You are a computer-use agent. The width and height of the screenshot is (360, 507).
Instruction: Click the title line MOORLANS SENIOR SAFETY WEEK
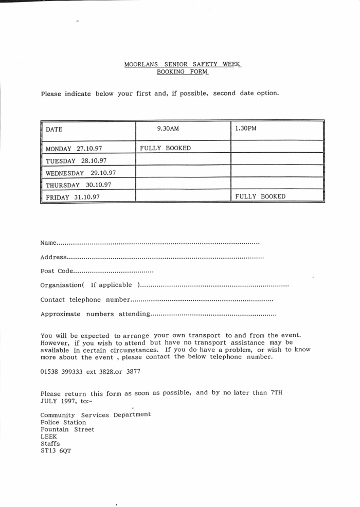pyautogui.click(x=183, y=65)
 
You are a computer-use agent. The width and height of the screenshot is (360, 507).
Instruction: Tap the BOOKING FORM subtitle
pyautogui.click(x=183, y=72)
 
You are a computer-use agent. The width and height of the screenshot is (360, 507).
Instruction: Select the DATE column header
pyautogui.click(x=54, y=130)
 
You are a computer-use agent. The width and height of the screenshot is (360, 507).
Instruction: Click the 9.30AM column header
pyautogui.click(x=168, y=129)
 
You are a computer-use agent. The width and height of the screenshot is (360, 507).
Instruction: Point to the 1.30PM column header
pyautogui.click(x=245, y=129)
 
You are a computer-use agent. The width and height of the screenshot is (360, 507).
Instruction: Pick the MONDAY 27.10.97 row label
pyautogui.click(x=71, y=149)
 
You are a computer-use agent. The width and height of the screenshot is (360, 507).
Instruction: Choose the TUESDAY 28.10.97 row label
pyautogui.click(x=69, y=160)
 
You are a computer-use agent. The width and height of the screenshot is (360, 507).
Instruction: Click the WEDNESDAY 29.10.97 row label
pyautogui.click(x=81, y=173)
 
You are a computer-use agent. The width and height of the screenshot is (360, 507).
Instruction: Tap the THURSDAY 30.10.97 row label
pyautogui.click(x=78, y=185)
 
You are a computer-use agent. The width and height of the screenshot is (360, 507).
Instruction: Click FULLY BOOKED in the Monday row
pyautogui.click(x=165, y=148)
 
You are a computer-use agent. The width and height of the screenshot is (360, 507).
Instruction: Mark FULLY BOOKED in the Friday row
pyautogui.click(x=260, y=196)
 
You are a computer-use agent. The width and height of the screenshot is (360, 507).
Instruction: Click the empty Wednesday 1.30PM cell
pyautogui.click(x=277, y=172)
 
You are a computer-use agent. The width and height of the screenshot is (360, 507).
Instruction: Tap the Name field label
pyautogui.click(x=48, y=242)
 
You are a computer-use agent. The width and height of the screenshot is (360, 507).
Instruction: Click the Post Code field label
pyautogui.click(x=57, y=271)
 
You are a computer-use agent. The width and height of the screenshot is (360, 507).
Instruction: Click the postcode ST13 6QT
pyautogui.click(x=56, y=451)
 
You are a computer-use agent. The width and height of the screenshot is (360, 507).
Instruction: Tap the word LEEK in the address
pyautogui.click(x=49, y=437)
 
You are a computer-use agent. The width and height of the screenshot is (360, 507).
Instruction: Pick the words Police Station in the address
pyautogui.click(x=63, y=422)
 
